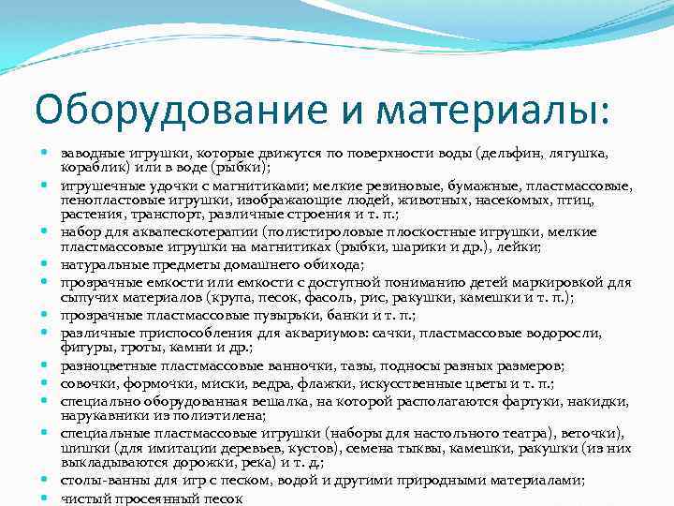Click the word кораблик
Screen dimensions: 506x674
coord(93,167)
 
